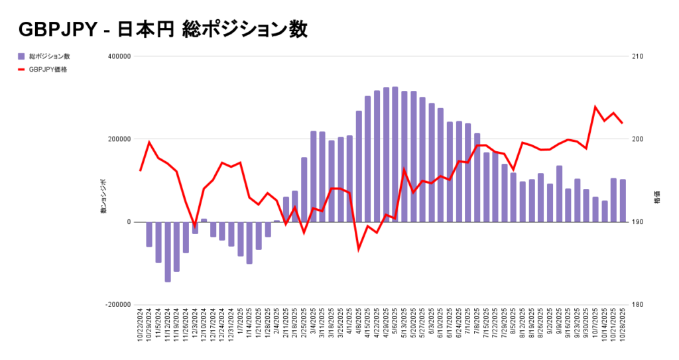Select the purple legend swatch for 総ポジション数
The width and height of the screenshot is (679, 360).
click(x=21, y=56)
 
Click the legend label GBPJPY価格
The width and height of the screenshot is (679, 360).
click(x=48, y=69)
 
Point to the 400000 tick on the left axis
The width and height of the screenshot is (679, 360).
click(x=117, y=56)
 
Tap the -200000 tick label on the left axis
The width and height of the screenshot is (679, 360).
click(x=116, y=305)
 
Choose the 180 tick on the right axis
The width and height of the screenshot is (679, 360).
click(x=636, y=305)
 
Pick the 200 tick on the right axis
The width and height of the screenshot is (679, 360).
click(x=636, y=139)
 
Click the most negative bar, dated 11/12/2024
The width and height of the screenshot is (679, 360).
click(x=168, y=252)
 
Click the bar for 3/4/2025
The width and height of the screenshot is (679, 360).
click(x=314, y=176)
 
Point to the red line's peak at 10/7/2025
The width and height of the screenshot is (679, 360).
click(x=595, y=107)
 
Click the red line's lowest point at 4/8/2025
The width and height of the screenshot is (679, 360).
click(x=359, y=249)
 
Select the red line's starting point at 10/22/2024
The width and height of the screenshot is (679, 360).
click(x=141, y=170)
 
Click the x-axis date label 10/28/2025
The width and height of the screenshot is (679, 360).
click(x=623, y=329)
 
